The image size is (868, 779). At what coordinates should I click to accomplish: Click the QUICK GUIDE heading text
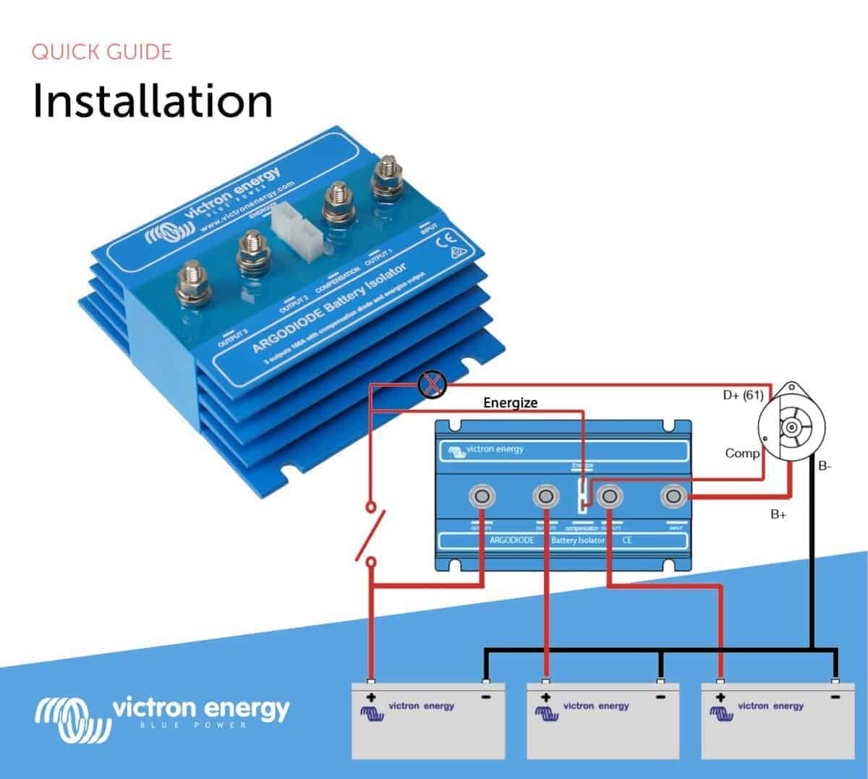pyautogui.click(x=102, y=52)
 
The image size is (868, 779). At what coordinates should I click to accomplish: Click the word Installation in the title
pyautogui.click(x=153, y=101)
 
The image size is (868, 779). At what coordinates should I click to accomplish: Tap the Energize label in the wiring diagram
pyautogui.click(x=511, y=403)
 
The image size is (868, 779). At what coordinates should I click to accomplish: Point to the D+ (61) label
pyautogui.click(x=743, y=396)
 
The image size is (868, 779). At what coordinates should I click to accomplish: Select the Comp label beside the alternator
pyautogui.click(x=742, y=454)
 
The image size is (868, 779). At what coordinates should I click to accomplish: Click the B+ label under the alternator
pyautogui.click(x=779, y=515)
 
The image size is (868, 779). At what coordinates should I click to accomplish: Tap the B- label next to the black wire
pyautogui.click(x=825, y=467)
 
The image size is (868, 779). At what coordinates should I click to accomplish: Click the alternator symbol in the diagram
pyautogui.click(x=790, y=428)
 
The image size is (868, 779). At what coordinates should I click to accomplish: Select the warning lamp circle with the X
pyautogui.click(x=432, y=384)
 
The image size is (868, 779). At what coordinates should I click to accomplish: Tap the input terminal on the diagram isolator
pyautogui.click(x=675, y=496)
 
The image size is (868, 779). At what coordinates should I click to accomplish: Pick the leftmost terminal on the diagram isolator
pyautogui.click(x=482, y=496)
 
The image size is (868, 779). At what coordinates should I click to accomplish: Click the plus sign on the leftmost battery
pyautogui.click(x=371, y=698)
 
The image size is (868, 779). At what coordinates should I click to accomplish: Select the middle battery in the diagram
pyautogui.click(x=602, y=720)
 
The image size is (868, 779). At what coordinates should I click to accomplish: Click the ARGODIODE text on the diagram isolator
pyautogui.click(x=511, y=540)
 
